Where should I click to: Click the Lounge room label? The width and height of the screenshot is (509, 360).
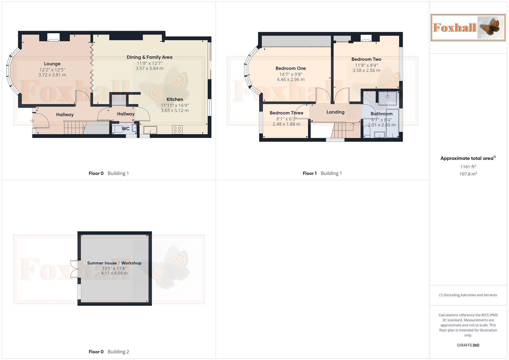point(52,64)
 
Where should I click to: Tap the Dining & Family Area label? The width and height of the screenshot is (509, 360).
point(149,57)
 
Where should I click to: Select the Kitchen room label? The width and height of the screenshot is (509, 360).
point(175,99)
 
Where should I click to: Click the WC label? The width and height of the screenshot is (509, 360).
point(125,128)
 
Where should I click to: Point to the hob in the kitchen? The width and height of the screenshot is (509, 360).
point(177,129)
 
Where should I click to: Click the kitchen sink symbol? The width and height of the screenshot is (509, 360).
point(150,129)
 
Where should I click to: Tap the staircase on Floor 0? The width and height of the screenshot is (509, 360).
point(74,127)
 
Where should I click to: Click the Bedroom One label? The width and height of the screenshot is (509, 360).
point(291,68)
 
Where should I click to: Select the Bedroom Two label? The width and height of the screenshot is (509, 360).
point(366,59)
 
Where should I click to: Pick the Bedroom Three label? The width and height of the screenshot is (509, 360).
point(286,113)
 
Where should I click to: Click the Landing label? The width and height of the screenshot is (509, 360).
point(335,112)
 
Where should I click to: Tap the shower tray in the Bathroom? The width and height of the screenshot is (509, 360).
point(388,98)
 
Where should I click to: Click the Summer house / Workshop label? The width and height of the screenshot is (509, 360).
point(114,263)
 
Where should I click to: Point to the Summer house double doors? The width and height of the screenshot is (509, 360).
point(74,269)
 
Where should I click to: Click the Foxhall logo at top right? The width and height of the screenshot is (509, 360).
point(468,27)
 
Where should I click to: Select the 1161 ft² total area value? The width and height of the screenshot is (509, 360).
point(468,167)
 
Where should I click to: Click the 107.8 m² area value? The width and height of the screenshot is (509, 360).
point(468,174)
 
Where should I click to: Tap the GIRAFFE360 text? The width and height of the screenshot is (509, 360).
point(468,345)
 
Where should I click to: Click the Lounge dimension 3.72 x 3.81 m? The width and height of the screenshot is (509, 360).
point(52,75)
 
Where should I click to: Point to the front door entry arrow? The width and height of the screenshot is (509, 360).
point(32,120)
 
